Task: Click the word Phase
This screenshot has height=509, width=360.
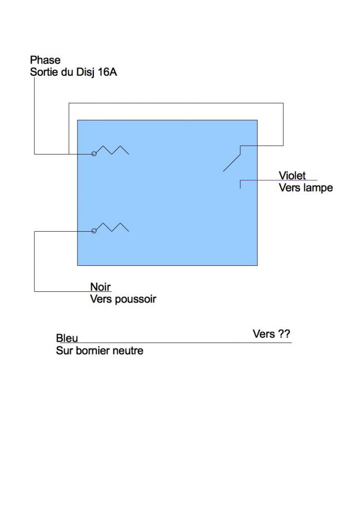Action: (45, 60)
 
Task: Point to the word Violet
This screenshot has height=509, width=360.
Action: (292, 175)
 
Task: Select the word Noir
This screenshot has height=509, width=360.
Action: (100, 287)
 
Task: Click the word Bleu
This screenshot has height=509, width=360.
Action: (67, 339)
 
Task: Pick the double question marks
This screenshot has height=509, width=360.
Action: (284, 334)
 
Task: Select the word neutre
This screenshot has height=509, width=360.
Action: (128, 351)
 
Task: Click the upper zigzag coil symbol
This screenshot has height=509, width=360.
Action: (113, 150)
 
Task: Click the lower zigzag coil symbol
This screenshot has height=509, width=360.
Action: (113, 227)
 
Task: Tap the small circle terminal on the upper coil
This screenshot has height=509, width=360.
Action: (94, 154)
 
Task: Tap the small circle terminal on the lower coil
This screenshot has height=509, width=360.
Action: (94, 231)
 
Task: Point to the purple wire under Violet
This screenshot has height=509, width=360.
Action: (278, 180)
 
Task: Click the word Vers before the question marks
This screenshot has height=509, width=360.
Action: (264, 334)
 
